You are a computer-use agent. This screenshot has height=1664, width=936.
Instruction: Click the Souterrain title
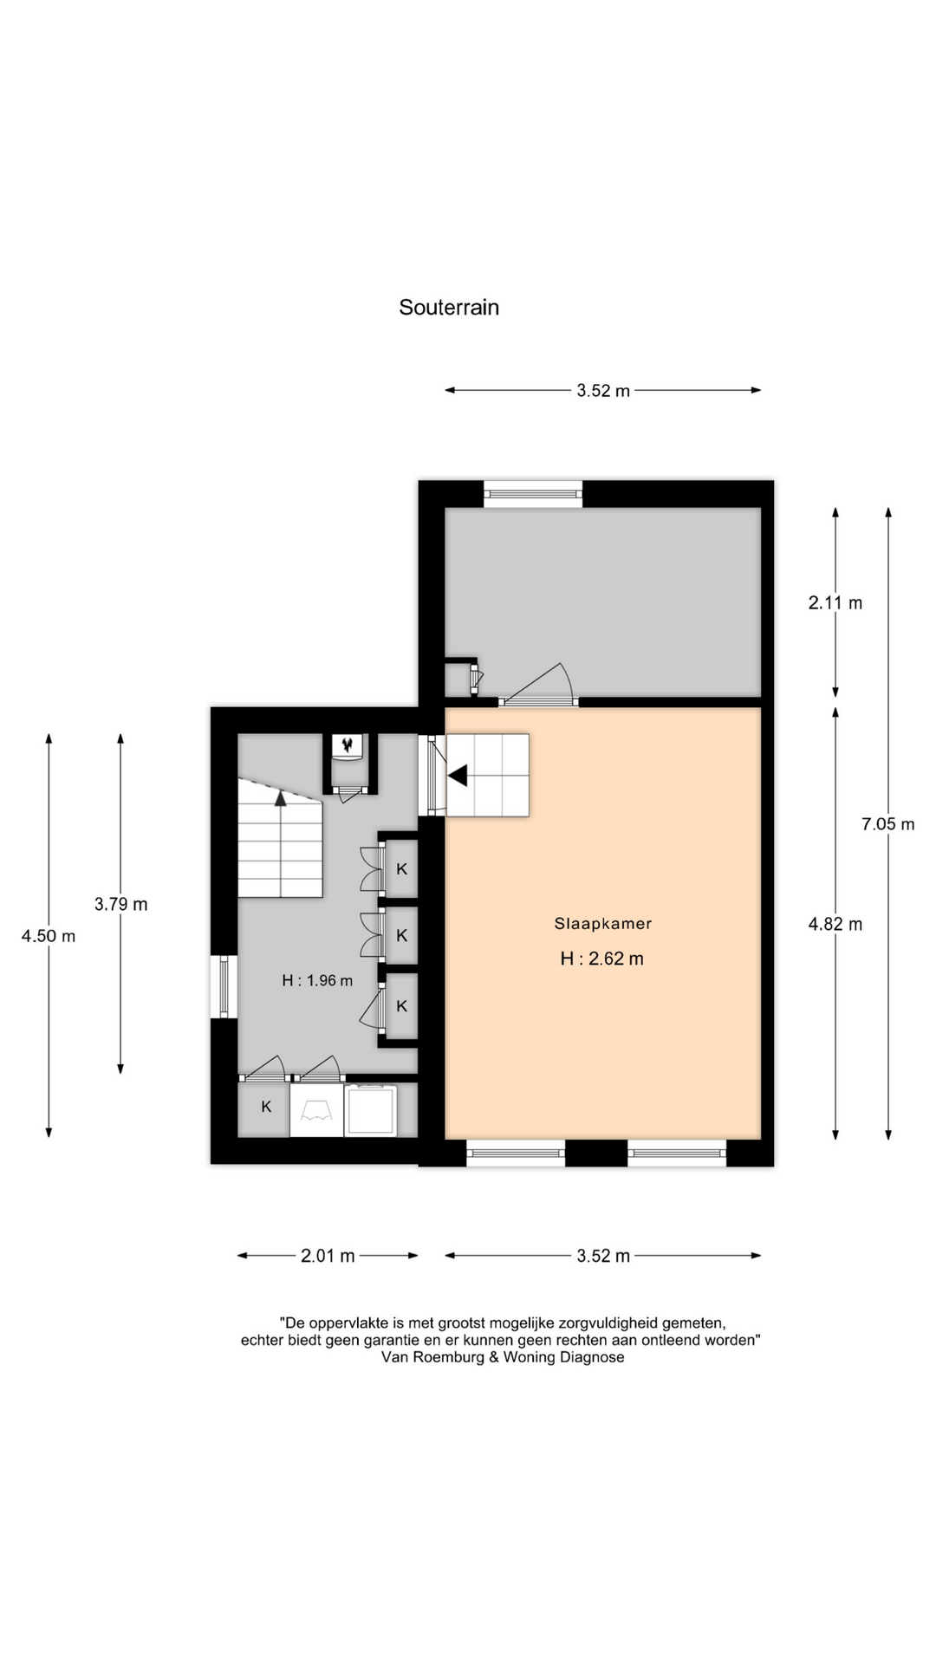click(x=449, y=308)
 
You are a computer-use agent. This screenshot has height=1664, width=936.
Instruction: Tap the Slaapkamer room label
click(x=603, y=924)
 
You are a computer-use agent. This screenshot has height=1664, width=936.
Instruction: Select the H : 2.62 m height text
click(x=602, y=959)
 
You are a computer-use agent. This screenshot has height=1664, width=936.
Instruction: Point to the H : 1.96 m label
click(x=317, y=981)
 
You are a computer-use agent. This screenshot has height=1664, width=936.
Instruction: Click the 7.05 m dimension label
click(x=888, y=824)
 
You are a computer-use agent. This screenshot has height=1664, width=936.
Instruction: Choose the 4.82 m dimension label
click(x=835, y=925)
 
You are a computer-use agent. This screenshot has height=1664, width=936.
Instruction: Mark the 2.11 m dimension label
click(x=835, y=603)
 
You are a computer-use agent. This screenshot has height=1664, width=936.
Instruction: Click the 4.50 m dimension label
click(x=49, y=936)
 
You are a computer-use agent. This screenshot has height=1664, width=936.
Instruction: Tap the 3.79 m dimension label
click(x=121, y=905)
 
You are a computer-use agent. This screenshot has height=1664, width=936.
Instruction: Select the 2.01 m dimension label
click(x=328, y=1256)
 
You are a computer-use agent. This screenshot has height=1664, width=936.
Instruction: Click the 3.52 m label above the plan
click(x=603, y=391)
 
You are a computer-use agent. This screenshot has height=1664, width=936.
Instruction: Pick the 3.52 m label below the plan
click(x=603, y=1256)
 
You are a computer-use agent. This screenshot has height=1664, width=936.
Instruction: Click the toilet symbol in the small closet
click(x=349, y=746)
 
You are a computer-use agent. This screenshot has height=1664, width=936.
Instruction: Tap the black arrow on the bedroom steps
click(x=458, y=775)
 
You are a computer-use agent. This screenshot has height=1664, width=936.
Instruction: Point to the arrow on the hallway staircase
click(x=281, y=797)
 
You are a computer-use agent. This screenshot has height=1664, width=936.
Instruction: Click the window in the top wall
click(x=533, y=493)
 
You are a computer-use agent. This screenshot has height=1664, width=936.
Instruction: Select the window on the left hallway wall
click(x=224, y=987)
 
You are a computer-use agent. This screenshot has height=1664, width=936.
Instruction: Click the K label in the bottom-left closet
click(x=267, y=1107)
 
